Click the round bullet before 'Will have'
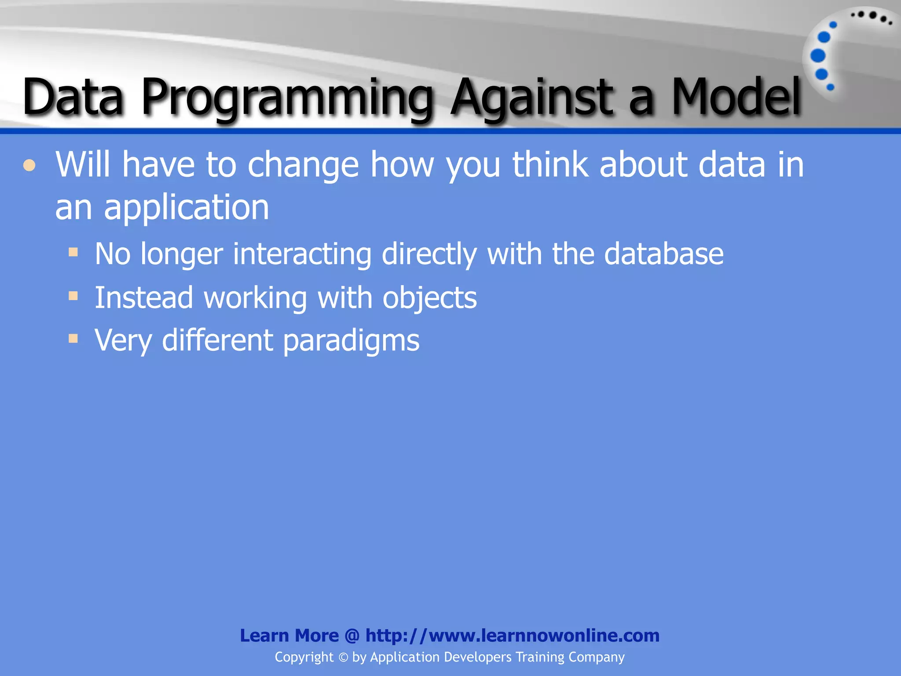point(29,166)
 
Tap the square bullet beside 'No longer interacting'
point(73,252)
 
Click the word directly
point(429,254)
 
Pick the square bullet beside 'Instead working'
point(73,296)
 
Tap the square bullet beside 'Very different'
point(73,338)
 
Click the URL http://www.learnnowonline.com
point(512,636)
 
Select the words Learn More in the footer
point(289,636)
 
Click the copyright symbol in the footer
point(343,658)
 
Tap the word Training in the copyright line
point(539,657)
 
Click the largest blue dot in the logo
point(818,56)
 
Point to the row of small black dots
point(871,17)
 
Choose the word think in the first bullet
point(550,164)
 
